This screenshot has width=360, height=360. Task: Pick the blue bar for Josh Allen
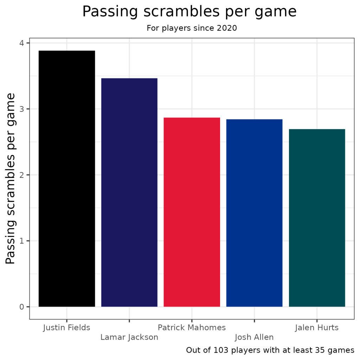[x=254, y=213]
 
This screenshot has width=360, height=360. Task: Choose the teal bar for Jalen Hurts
[x=317, y=218]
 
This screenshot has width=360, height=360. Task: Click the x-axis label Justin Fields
[x=67, y=328]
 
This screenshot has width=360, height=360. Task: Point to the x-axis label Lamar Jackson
[x=129, y=337]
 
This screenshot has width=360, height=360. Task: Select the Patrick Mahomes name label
[x=192, y=328]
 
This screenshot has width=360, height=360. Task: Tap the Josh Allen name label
[x=254, y=337]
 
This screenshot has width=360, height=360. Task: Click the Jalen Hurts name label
[x=317, y=328]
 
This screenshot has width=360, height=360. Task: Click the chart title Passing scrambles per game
[x=189, y=12]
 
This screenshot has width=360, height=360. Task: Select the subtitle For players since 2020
[x=192, y=28]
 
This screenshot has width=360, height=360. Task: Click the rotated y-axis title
[x=11, y=179]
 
